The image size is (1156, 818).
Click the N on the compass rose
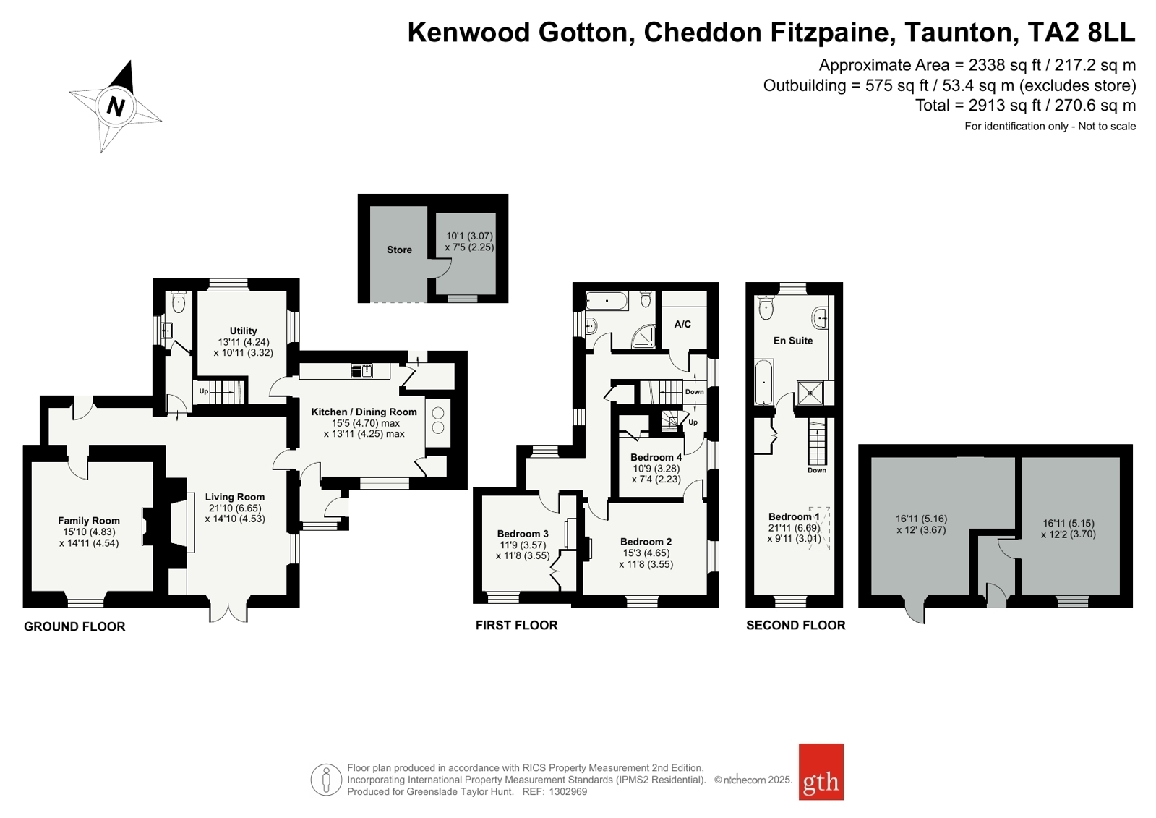click(x=116, y=106)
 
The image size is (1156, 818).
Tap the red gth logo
click(x=821, y=772)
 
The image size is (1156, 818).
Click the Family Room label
click(x=89, y=520)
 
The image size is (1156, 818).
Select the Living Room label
click(x=234, y=497)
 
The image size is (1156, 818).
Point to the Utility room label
click(x=243, y=331)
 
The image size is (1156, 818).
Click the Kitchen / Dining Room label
click(x=364, y=412)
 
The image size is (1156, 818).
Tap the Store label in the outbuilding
click(x=399, y=250)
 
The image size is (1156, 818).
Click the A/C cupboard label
click(x=682, y=324)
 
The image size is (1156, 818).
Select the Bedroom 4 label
click(x=656, y=457)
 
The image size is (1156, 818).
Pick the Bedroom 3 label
click(x=523, y=534)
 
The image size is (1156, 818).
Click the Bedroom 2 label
click(x=646, y=542)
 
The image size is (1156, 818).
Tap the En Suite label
click(x=793, y=341)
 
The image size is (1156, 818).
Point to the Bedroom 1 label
click(x=794, y=516)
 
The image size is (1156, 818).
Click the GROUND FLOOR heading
click(x=74, y=626)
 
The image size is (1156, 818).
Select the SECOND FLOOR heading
click(x=795, y=625)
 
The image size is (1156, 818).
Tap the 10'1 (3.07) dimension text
click(x=469, y=236)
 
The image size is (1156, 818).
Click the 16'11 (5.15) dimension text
click(x=1069, y=523)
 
